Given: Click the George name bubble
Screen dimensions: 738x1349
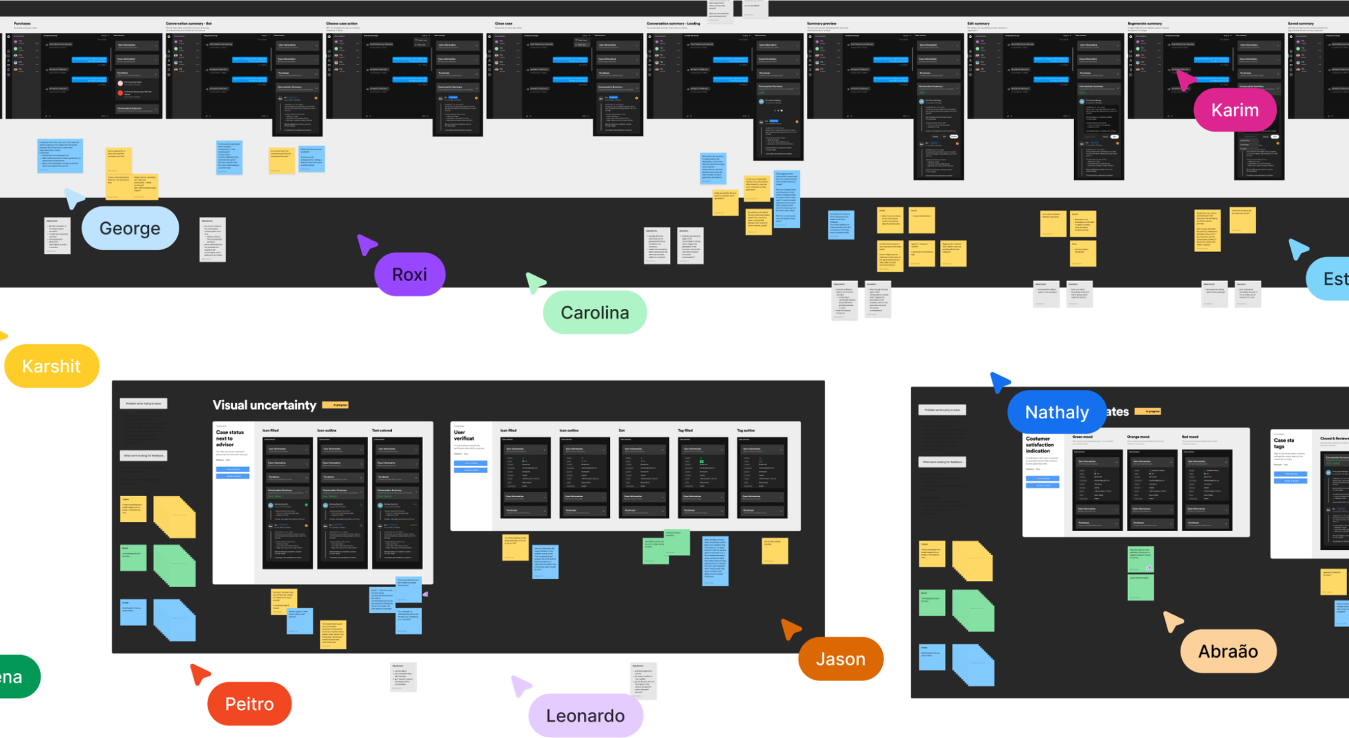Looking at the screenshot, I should (130, 228).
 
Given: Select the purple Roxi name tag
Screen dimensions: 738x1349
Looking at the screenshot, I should (410, 275).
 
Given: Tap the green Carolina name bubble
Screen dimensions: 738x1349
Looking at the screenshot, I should (595, 313).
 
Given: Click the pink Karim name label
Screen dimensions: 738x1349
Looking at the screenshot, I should (1234, 110).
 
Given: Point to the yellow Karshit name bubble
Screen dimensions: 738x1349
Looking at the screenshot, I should (51, 366).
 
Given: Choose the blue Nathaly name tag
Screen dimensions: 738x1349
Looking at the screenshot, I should (1056, 413).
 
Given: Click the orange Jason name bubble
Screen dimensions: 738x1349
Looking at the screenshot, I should (840, 660).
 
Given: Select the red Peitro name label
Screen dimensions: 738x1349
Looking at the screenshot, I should (250, 704).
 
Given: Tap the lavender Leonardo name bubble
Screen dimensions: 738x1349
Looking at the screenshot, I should (585, 716).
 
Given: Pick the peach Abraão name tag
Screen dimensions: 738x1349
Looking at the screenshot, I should (1228, 651).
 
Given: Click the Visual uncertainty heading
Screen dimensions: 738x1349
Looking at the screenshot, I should (264, 405).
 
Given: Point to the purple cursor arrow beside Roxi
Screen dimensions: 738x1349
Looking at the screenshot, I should (366, 244).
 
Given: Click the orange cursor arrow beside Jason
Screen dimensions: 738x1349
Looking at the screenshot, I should (790, 629).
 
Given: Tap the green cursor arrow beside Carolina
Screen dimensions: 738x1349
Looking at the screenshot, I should (535, 282).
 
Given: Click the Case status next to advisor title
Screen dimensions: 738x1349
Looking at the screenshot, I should (229, 439).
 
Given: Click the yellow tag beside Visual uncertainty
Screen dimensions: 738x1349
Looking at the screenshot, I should (335, 405).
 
